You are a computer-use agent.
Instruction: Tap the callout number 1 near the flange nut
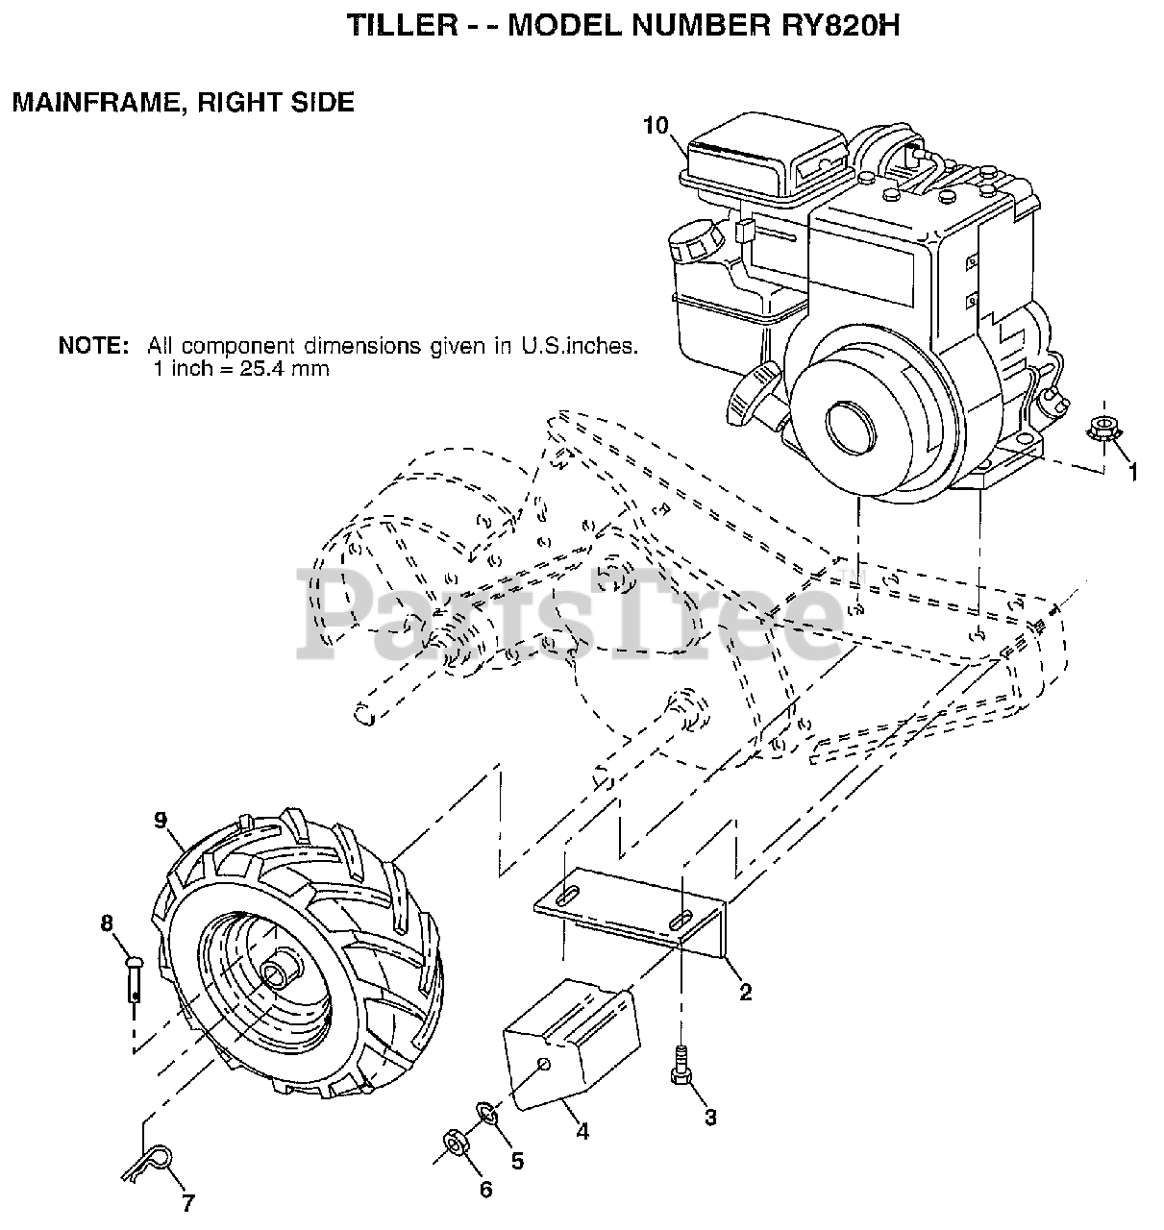1132,472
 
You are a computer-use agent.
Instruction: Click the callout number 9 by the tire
160,820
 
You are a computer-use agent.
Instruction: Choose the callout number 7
188,1201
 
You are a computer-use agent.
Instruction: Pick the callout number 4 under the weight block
582,1131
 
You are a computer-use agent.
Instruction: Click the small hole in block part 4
544,1064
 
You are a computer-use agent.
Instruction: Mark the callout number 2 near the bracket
745,993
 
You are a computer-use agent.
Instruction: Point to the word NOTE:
93,346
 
